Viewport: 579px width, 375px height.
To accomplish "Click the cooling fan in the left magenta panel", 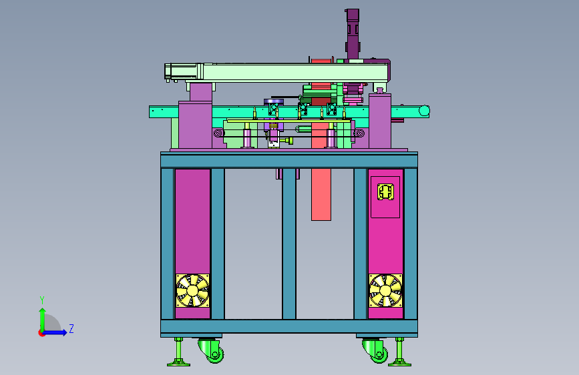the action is (x=192, y=290).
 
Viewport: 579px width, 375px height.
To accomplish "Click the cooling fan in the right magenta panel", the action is (x=385, y=290).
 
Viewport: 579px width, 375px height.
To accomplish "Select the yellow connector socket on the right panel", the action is (x=385, y=192).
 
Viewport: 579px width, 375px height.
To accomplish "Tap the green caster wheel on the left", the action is (x=212, y=351).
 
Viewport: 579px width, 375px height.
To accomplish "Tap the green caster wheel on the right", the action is (x=375, y=351).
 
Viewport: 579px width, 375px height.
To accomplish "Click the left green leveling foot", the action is (x=179, y=352).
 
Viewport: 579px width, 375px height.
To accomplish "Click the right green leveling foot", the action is (x=399, y=352).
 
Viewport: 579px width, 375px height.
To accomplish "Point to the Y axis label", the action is (x=42, y=300).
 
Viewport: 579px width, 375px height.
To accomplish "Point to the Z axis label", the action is (x=71, y=328).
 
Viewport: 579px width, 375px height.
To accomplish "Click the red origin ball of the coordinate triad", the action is (x=41, y=333).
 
